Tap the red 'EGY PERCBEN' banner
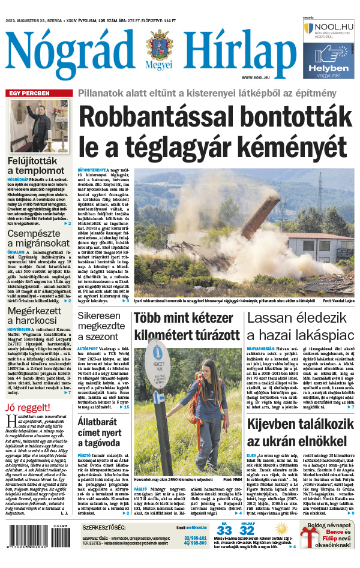28,93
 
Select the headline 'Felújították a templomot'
32,166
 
